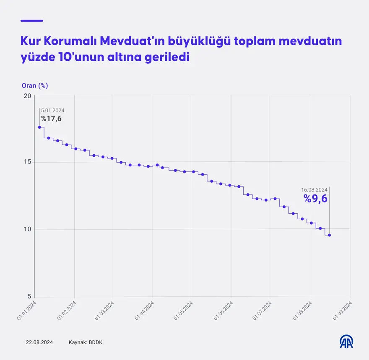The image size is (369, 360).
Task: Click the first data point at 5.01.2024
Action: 39,127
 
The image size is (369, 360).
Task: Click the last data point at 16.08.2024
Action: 329,235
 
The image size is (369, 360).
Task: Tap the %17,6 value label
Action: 51,119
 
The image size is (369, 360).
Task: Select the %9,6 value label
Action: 315,199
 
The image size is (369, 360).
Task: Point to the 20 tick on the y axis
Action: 27,96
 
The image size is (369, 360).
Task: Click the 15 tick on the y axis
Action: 27,162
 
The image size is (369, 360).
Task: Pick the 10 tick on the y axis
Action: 27,229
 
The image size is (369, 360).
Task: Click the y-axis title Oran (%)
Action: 35,85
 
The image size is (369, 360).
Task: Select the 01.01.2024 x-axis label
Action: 27,311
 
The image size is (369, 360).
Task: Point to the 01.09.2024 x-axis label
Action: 342,311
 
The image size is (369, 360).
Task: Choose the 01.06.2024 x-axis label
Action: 223,311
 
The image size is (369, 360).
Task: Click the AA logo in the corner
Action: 346,342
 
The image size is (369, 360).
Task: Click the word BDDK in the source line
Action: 95,342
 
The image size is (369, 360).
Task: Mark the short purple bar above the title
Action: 32,21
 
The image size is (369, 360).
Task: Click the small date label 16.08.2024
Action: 314,189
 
